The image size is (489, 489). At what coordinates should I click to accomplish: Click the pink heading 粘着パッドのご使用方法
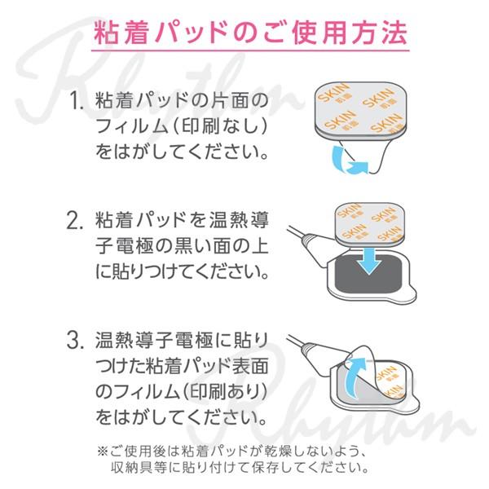click(x=244, y=35)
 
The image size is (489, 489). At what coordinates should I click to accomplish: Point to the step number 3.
click(x=77, y=339)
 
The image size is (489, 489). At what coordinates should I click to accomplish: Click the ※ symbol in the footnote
click(x=102, y=450)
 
